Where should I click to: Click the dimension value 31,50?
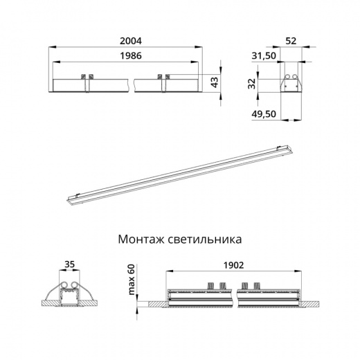click(x=263, y=55)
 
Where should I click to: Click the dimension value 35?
click(x=68, y=264)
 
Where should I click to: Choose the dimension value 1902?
click(x=233, y=264)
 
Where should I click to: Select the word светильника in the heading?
click(x=208, y=240)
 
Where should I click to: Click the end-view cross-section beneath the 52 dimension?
click(x=291, y=82)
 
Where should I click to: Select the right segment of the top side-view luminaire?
click(x=168, y=83)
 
